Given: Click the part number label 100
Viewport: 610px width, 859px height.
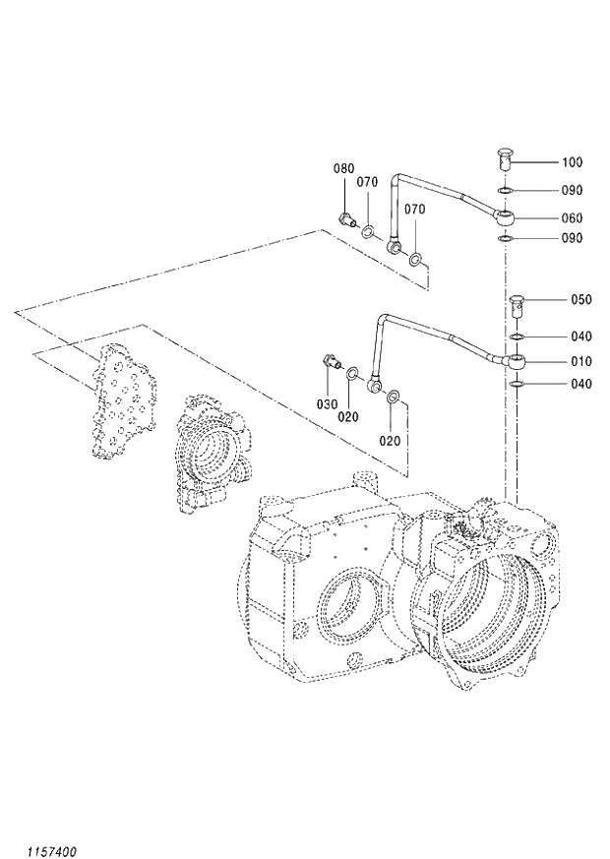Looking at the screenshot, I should point(572,162).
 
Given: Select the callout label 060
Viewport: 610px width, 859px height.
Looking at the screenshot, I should point(572,218).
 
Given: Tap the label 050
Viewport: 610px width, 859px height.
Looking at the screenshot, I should point(581,300).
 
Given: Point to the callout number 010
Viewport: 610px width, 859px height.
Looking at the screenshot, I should point(581,361).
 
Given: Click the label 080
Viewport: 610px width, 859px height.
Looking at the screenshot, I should point(342,169).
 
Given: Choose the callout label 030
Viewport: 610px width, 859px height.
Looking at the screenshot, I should point(327,404).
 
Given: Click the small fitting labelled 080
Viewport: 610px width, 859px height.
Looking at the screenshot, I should point(345,219).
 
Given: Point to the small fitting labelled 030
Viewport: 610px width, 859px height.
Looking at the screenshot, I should point(331,365).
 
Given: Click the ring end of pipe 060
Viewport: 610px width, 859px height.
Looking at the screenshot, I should point(504,215).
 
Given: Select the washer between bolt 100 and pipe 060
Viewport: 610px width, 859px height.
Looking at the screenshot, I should point(504,190).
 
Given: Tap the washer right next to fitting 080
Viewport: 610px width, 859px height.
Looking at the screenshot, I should point(367,233).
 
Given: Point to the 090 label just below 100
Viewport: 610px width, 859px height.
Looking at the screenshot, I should point(572,191).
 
